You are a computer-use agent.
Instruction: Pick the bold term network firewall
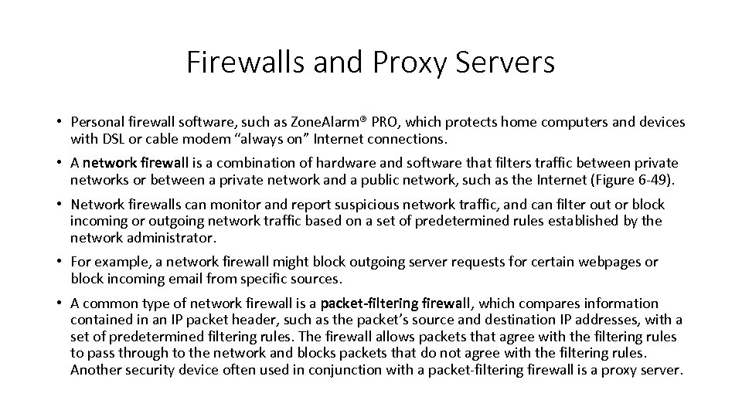point(135,163)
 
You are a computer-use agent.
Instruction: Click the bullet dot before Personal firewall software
point(59,122)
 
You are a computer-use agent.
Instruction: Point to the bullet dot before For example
point(59,262)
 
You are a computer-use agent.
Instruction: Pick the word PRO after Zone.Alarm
point(389,122)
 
